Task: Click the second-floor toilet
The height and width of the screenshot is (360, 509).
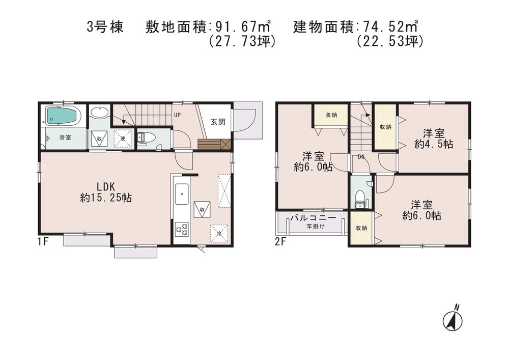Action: click(361, 198)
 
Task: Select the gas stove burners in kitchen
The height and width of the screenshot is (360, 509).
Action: click(182, 229)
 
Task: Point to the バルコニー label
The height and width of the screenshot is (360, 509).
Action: click(313, 218)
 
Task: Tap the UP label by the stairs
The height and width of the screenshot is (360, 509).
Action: click(178, 115)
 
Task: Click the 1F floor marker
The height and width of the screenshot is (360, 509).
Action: click(43, 242)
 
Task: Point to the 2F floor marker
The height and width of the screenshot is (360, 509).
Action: click(280, 242)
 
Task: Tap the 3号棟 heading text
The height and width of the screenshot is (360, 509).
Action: click(105, 26)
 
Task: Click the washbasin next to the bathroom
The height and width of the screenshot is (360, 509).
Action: click(99, 113)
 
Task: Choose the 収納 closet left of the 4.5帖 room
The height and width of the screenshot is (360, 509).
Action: click(385, 127)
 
